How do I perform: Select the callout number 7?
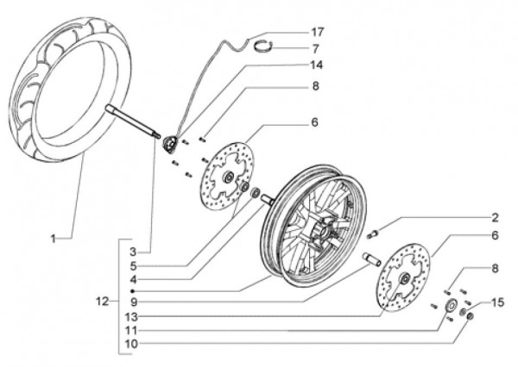click(x=315, y=49)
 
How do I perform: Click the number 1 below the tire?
click(x=53, y=237)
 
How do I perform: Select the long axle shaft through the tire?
click(x=133, y=120)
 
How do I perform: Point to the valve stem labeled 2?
click(x=374, y=233)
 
